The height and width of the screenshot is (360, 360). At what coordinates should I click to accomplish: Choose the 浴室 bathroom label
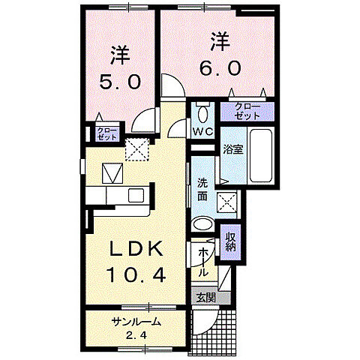[232, 148]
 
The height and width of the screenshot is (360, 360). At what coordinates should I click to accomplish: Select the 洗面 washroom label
[203, 188]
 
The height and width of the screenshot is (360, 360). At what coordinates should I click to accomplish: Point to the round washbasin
[202, 225]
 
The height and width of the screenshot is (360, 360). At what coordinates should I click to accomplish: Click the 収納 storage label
[232, 240]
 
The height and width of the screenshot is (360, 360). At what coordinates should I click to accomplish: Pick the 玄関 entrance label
[205, 298]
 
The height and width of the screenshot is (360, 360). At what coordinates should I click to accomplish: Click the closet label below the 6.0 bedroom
[247, 112]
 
